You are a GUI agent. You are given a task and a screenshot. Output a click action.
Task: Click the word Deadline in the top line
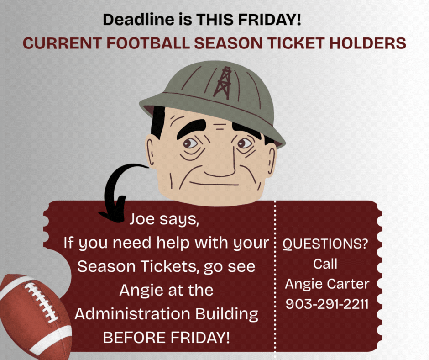pos(139,20)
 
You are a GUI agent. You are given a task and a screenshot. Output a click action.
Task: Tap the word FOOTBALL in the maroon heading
pos(148,43)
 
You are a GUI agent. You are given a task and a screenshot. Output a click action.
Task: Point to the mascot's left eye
pos(244,143)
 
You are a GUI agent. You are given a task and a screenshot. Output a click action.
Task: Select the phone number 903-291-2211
pos(327,304)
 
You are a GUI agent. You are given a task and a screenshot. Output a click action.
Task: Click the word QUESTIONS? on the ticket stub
pos(325,244)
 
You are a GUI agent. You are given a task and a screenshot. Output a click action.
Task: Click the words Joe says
pos(164,219)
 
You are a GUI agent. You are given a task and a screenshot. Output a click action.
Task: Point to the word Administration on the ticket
pos(132,313)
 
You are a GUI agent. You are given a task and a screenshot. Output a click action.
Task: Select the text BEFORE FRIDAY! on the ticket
pos(166,337)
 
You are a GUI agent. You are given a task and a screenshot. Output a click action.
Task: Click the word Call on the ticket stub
pos(325,264)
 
